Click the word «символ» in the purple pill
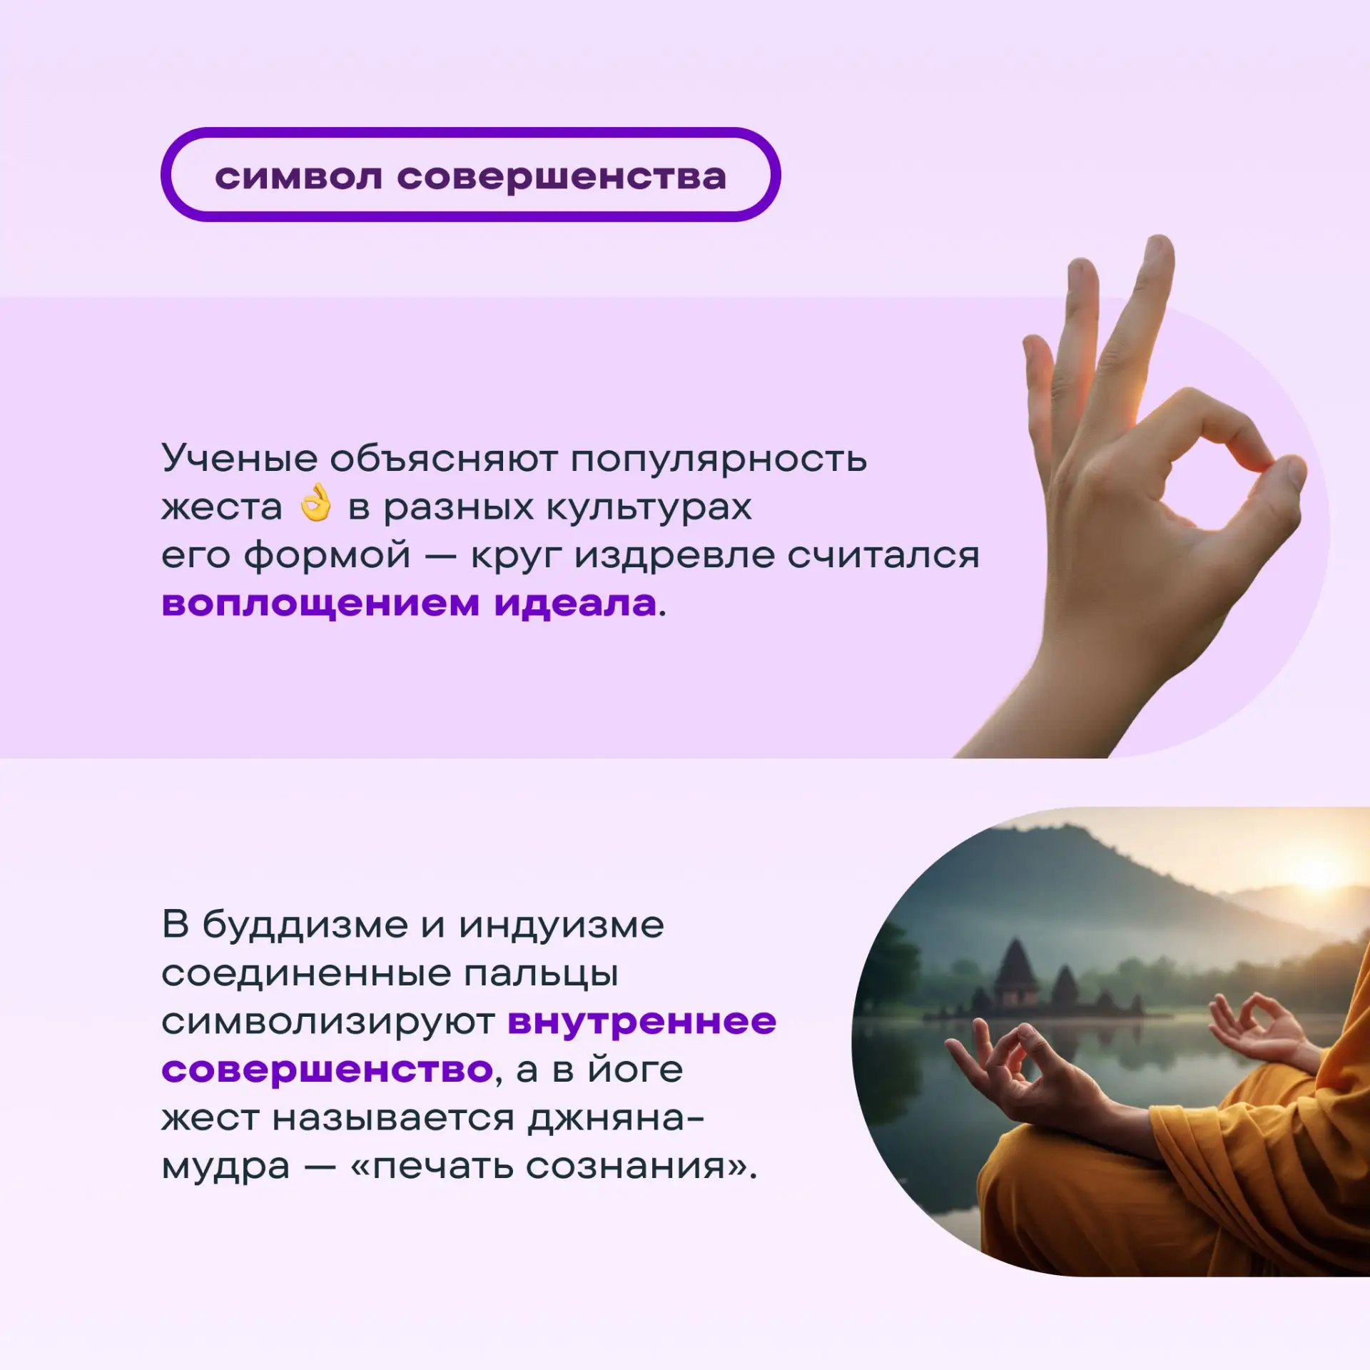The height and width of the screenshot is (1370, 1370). coord(299,177)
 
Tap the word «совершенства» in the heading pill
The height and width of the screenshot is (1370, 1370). coord(562,177)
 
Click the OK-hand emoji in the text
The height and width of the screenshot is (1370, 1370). coord(315,503)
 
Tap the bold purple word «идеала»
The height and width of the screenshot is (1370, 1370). coord(575,604)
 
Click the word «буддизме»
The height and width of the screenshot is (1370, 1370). coord(305,925)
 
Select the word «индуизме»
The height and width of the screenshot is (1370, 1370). coord(562,926)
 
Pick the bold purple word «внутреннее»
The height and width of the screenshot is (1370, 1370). coord(642,1023)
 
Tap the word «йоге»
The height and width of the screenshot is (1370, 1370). coord(635,1069)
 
